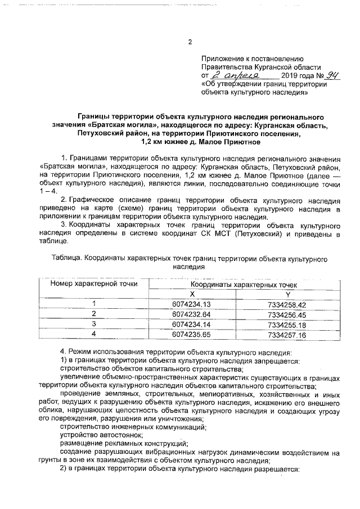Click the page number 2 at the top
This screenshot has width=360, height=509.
190,42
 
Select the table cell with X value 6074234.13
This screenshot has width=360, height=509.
191,304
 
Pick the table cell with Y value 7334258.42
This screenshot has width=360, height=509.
287,304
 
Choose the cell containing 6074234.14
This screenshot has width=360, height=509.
191,325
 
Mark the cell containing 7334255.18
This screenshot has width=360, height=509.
287,325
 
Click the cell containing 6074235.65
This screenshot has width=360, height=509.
191,335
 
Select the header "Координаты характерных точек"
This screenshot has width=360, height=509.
240,285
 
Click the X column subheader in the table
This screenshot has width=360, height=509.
191,294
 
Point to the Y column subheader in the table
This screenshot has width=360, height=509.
287,294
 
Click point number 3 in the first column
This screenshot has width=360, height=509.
94,325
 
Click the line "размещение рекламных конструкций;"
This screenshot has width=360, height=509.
124,443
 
